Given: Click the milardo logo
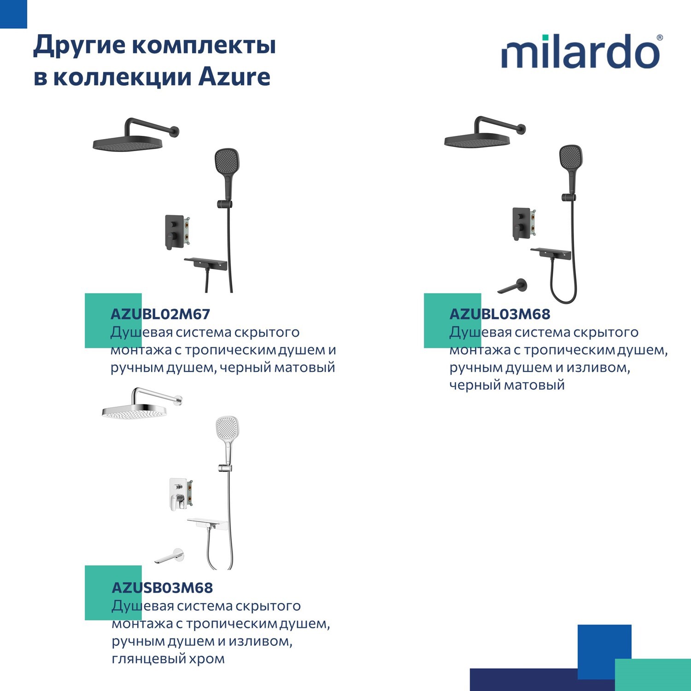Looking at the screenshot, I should (x=580, y=52).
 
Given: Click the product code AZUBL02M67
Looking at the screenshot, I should (x=160, y=314).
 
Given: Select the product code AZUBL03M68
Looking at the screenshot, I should (x=500, y=314).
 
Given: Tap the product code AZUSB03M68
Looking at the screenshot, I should (x=162, y=588).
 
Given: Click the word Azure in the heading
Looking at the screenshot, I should (x=234, y=77).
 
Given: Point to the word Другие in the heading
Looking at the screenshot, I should (x=79, y=45).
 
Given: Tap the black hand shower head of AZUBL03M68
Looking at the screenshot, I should (x=571, y=158).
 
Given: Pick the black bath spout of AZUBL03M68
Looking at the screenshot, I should (x=513, y=287).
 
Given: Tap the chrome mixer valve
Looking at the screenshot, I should (x=179, y=493).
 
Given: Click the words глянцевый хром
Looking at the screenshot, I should (x=168, y=659).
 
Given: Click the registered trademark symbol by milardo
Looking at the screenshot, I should (x=660, y=38).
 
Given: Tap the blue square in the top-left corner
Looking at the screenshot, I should (x=13, y=14).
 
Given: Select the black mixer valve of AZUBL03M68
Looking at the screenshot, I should (x=521, y=223).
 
